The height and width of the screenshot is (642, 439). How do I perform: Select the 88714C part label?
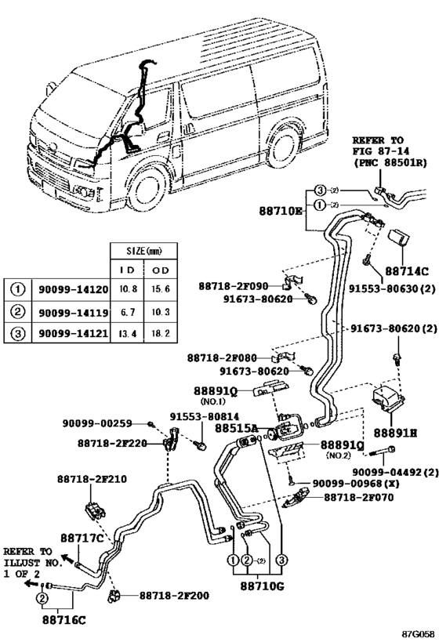coord(410,270)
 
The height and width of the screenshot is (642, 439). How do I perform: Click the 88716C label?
coord(63,619)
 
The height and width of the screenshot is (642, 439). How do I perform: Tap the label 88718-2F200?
coord(174,596)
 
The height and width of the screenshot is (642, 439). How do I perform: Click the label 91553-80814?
coord(205,416)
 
